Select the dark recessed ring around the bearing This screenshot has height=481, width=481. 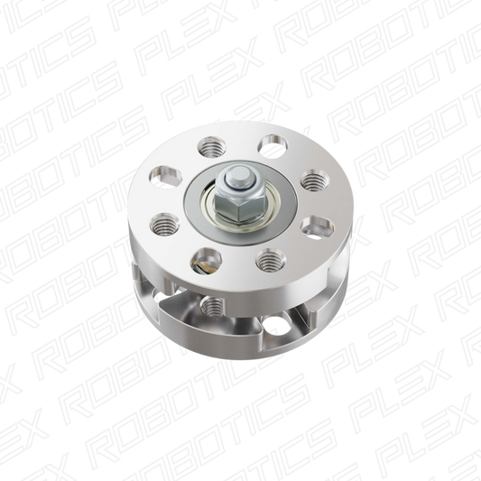coord(240,200)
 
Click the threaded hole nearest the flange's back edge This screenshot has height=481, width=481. coord(212,146)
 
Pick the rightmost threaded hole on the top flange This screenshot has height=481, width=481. coord(315,180)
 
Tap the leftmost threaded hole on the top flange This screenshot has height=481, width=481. coord(164,224)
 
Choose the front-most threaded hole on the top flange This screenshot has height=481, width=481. coord(271,260)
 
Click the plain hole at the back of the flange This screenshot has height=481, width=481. coord(273,146)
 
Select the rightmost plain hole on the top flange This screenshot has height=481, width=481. coord(317,227)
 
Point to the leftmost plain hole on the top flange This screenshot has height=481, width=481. coord(166,177)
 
